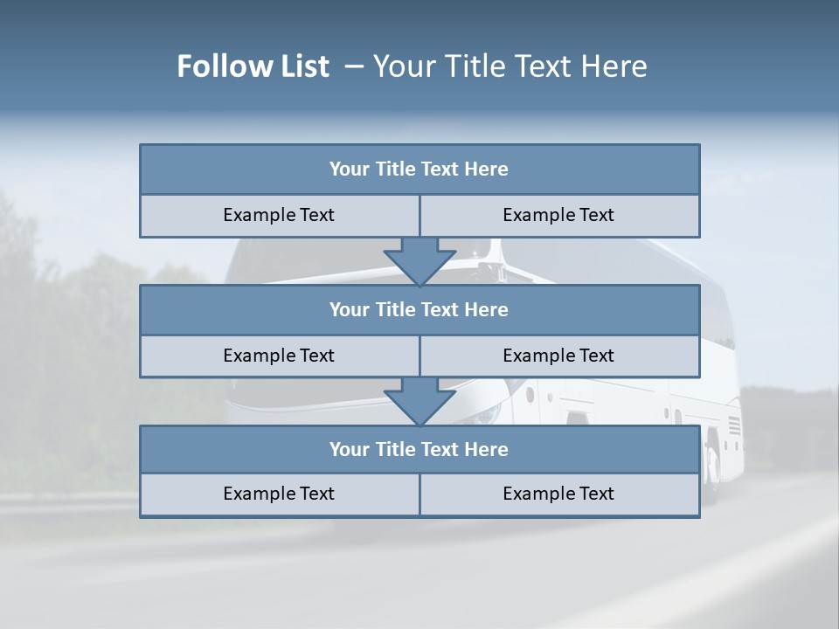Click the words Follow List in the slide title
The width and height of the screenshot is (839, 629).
(253, 66)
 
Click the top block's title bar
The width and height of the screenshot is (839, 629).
(419, 169)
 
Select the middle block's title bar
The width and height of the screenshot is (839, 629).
(419, 310)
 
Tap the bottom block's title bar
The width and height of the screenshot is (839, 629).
(419, 450)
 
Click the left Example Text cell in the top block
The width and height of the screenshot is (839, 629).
(279, 216)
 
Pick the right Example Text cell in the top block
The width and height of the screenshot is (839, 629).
(558, 216)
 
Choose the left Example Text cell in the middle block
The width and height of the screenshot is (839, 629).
(279, 356)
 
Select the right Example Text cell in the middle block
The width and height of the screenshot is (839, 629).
(558, 356)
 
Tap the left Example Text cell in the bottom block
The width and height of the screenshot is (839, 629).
(279, 494)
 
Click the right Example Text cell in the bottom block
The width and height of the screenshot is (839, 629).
(558, 494)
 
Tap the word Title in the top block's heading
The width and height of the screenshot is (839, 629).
(396, 169)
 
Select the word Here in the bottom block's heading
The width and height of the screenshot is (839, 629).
(486, 450)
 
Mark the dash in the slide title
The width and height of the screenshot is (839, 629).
(354, 66)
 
